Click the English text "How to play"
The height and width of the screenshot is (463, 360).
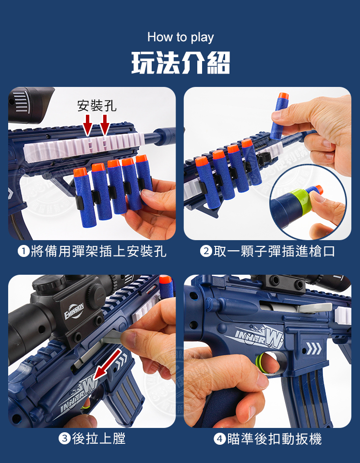point(180,38)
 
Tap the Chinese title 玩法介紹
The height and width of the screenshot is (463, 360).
point(180,62)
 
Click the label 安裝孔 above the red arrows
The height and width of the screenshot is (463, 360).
point(97,106)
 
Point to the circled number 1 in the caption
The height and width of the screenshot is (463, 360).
point(24,251)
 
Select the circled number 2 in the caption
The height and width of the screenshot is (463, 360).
point(206,251)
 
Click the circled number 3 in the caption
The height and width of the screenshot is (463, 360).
point(64,439)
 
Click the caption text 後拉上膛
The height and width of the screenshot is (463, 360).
point(99,439)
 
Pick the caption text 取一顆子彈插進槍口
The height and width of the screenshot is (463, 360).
point(274,251)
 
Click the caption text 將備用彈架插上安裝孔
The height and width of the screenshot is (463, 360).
point(98,251)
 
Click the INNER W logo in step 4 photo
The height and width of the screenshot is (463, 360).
point(259,336)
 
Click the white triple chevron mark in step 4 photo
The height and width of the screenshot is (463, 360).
point(313,348)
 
